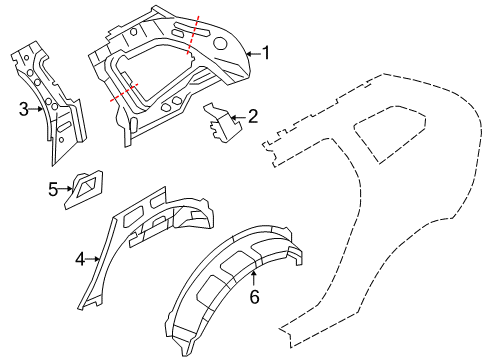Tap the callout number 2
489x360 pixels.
[x=252, y=118]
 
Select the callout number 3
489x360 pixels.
[x=23, y=109]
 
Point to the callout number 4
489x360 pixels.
[x=79, y=259]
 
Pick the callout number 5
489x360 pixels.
[x=53, y=188]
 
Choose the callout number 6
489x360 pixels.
[x=254, y=297]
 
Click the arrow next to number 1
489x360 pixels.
[x=250, y=54]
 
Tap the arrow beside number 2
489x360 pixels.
[x=237, y=118]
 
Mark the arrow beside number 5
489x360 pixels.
[x=67, y=188]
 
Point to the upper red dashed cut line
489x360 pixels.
[x=193, y=36]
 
